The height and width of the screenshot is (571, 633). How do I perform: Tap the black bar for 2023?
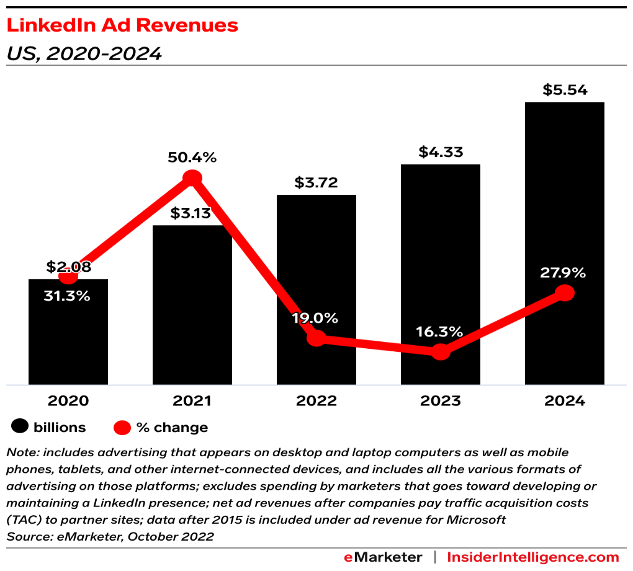pos(440,261)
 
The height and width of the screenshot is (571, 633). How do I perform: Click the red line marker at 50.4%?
pos(192,178)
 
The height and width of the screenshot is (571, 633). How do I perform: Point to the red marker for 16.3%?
pos(440,352)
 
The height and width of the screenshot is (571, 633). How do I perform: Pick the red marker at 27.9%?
pos(564,293)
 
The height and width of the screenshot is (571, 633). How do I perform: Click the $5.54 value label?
pos(564,90)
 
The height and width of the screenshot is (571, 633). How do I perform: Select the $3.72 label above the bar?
pos(316,183)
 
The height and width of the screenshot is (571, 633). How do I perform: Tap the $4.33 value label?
pos(440,152)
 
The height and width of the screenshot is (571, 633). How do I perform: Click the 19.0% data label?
pos(316,318)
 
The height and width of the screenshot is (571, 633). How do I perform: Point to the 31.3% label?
pos(67,297)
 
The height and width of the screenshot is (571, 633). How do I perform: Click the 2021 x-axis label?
pos(192,401)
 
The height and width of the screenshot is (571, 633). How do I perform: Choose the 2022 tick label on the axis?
pos(316,401)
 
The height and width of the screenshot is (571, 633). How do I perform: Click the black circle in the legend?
pos(20,427)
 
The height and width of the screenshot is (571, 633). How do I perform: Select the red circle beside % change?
pos(122,427)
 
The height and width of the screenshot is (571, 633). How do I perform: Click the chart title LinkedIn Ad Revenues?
pos(122,25)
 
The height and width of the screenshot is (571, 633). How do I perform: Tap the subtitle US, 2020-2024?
pos(84,55)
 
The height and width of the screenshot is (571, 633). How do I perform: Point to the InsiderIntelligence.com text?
pos(533,557)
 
